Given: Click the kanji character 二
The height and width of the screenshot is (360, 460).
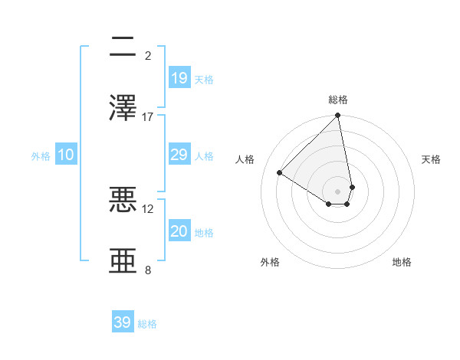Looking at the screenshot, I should tap(123, 47).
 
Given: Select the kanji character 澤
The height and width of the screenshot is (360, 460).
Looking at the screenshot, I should tap(123, 108).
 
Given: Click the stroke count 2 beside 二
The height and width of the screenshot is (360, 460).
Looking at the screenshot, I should tap(148, 56).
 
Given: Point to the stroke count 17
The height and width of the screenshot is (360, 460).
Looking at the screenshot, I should tap(148, 116).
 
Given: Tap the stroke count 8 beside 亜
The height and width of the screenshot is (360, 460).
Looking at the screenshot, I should tap(148, 270).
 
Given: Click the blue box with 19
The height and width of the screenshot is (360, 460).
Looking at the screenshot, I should tap(179, 78).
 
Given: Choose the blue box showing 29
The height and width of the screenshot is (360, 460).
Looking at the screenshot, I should tap(179, 155).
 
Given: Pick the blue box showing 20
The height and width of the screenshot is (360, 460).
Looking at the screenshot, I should tap(179, 231).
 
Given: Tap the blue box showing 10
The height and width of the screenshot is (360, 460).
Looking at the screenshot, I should tap(66, 155).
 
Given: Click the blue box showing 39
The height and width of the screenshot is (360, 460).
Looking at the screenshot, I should tap(123, 322).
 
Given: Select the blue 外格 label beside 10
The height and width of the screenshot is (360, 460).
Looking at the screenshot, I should tap(41, 156).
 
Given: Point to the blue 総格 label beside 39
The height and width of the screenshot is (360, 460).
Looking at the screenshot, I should tap(147, 324).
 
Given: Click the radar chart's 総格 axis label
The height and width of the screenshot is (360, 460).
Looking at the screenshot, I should tap(338, 100).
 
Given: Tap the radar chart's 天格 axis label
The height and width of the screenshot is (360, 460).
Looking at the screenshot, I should tap(431, 159).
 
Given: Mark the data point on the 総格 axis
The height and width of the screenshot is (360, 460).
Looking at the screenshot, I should tap(338, 116).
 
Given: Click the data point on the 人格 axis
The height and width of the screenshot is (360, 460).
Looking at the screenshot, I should tap(280, 173).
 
